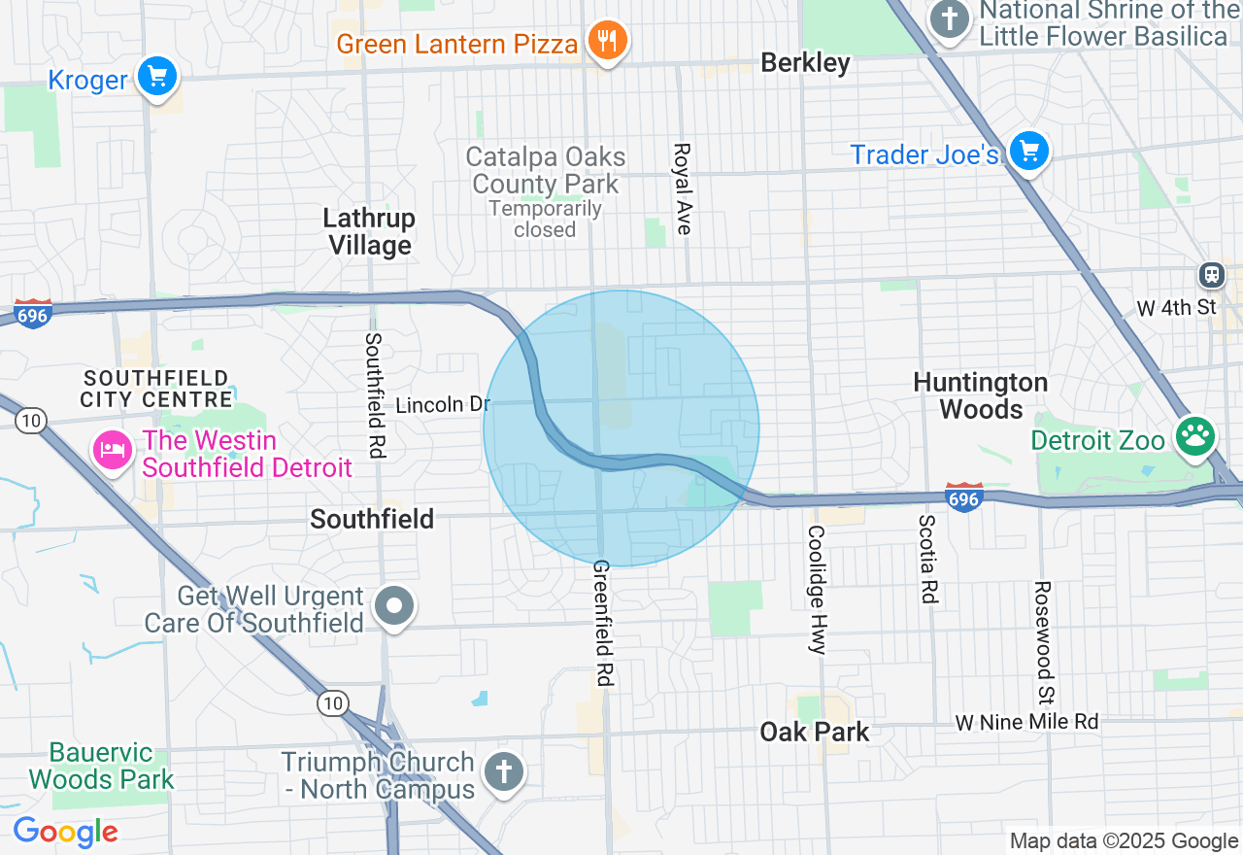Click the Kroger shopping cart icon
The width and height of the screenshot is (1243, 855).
coord(157,76)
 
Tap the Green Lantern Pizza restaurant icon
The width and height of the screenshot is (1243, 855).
coord(608,41)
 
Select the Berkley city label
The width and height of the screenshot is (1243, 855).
coord(805,63)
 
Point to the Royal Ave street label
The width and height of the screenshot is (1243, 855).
coord(683,188)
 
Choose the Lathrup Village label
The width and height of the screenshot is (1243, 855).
coord(369,231)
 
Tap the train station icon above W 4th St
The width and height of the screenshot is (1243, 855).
coord(1212,275)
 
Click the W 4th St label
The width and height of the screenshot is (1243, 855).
coord(1176,308)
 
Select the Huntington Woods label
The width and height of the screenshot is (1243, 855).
coord(981,395)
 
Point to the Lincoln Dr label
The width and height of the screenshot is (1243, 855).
coord(443,404)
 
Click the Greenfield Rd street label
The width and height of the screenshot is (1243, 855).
coord(602,623)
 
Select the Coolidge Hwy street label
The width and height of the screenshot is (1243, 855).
coord(816,590)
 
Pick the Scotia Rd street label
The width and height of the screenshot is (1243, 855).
coord(928,558)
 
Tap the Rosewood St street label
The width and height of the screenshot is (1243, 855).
coord(1043,643)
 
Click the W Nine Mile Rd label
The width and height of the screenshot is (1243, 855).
coord(1026,722)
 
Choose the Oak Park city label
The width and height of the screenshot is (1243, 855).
coord(815,732)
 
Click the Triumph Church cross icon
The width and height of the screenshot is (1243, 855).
coord(503,773)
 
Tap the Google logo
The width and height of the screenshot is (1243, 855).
coord(65,833)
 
